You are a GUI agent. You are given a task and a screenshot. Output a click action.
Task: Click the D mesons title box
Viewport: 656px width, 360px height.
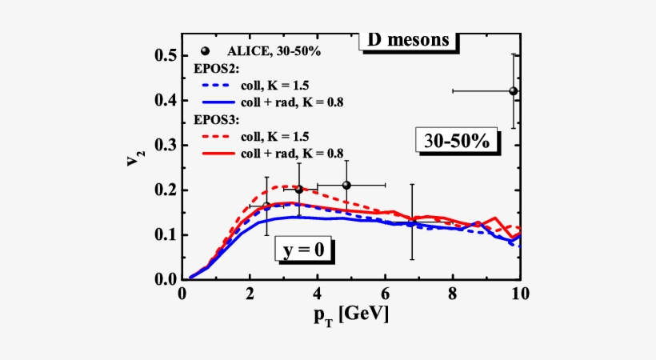click(x=409, y=41)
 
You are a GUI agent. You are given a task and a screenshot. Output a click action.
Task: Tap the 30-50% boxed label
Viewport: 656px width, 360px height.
click(x=457, y=140)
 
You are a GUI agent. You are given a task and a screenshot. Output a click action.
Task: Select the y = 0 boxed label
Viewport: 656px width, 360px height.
click(x=304, y=250)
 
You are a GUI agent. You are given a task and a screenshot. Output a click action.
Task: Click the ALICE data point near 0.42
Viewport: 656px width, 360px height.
click(x=514, y=91)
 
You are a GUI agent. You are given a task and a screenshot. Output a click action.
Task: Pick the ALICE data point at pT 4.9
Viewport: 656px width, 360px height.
click(x=346, y=185)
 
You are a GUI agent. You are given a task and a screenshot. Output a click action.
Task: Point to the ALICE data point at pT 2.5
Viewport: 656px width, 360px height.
click(x=266, y=206)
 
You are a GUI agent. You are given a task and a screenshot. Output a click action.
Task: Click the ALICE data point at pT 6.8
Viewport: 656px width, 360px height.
click(x=411, y=223)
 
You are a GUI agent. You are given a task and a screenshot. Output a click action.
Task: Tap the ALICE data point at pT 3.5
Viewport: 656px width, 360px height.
click(x=299, y=189)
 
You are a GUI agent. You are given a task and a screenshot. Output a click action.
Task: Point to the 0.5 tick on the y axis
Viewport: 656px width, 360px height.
click(x=166, y=55)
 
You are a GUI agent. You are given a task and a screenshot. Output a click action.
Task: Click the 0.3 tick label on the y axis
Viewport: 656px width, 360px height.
click(x=166, y=145)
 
